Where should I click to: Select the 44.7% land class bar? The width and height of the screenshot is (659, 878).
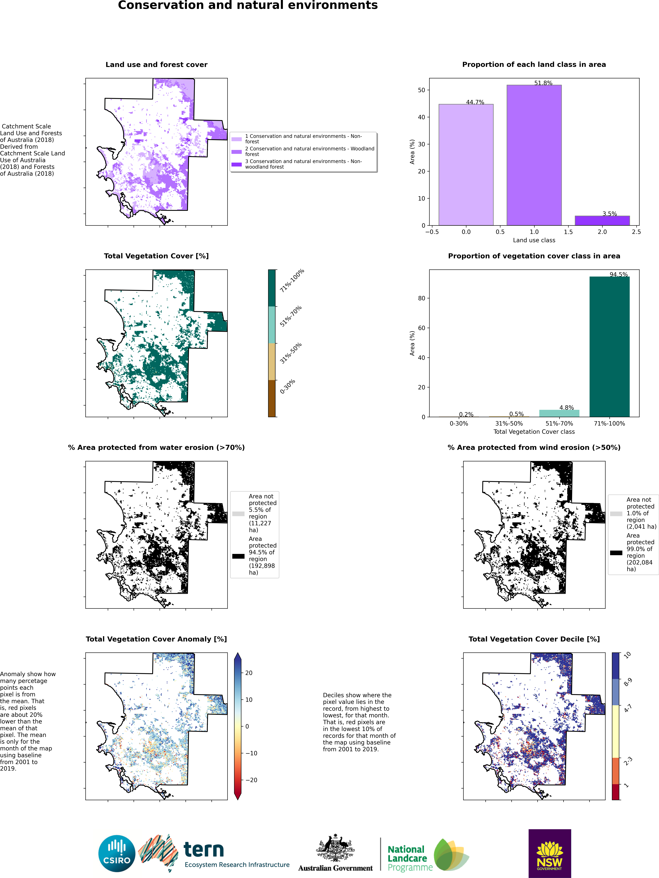coord(466,165)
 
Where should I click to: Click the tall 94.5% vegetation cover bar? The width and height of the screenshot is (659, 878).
coord(609,346)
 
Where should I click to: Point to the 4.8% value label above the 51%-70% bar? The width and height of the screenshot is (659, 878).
coord(567,408)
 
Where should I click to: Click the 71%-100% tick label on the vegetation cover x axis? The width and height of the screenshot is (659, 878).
coord(609,424)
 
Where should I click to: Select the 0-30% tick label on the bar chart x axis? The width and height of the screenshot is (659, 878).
coord(459,424)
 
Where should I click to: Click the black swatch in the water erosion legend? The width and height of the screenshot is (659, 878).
coord(238,556)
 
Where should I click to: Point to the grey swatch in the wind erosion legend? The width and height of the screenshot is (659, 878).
coord(616,514)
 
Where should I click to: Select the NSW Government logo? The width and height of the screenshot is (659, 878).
coord(550,853)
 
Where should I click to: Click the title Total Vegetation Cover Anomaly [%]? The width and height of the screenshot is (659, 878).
coord(156,639)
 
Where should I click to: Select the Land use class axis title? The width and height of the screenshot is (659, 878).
coord(534,240)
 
